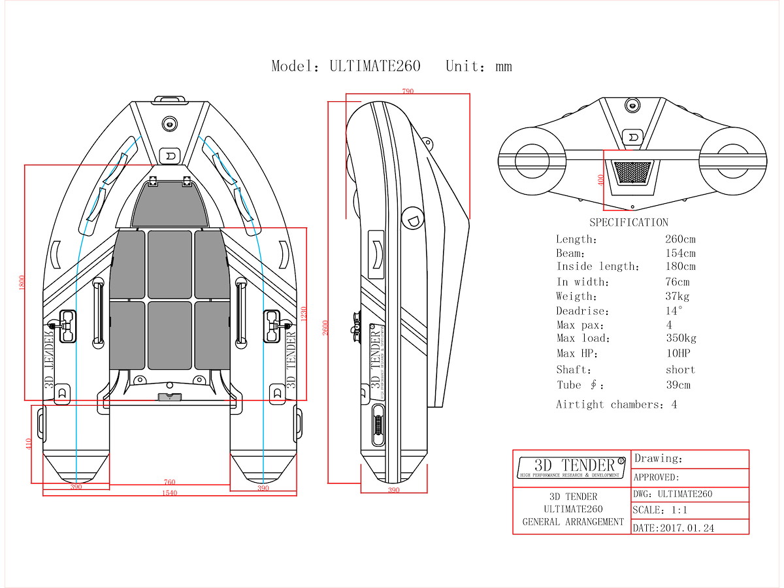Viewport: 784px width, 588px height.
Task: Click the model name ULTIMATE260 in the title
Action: coord(375,66)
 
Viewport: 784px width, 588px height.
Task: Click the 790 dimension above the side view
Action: coord(408,91)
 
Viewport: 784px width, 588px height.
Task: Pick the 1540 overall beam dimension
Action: coord(169,493)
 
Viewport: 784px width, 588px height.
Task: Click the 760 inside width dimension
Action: coord(169,482)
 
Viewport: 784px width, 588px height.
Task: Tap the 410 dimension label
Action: coord(29,444)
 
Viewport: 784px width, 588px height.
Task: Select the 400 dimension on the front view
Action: coord(600,180)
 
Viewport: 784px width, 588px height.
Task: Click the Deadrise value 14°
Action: coord(674,311)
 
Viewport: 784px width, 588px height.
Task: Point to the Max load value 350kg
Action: coord(681,338)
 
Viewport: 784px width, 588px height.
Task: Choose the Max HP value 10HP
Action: coord(678,353)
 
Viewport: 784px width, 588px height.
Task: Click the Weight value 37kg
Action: coord(678,297)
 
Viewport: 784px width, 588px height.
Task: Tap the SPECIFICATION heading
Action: coord(629,223)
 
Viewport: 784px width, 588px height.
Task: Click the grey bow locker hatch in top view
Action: coord(170,204)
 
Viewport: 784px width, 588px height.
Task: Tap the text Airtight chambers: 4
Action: coord(616,404)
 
